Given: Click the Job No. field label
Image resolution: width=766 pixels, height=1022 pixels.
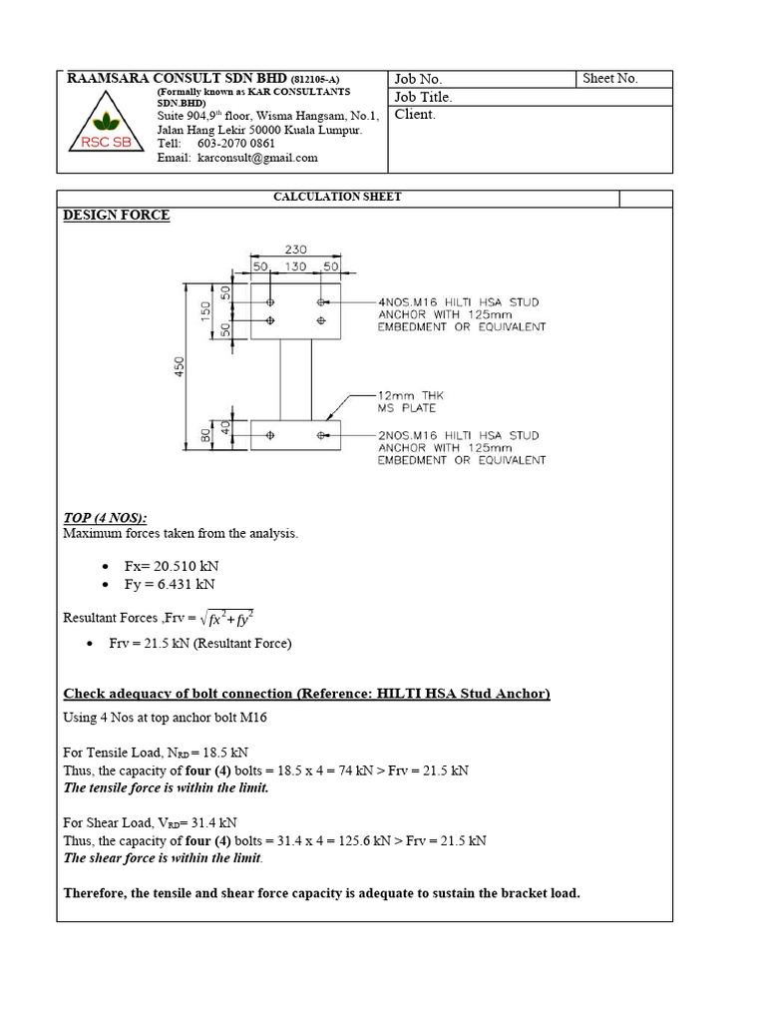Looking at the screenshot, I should tap(418, 80).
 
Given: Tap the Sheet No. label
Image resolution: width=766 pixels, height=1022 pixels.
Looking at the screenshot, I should tap(610, 79).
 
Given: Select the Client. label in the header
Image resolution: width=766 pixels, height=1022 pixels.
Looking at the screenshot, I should tap(415, 115).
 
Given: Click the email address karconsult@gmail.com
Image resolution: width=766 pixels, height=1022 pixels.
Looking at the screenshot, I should tap(257, 158).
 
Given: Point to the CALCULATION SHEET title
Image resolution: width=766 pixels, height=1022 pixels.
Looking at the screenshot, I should tap(337, 197).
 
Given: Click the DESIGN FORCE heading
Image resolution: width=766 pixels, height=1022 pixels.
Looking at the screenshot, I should tap(117, 215).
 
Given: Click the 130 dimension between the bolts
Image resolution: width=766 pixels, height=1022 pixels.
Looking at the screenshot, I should tap(295, 268).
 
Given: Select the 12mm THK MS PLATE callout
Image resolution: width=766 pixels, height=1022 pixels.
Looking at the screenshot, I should tap(407, 402).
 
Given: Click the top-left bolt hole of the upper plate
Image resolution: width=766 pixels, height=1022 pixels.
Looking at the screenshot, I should tap(270, 301).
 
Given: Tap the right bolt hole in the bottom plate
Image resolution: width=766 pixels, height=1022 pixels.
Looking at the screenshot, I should tap(321, 435).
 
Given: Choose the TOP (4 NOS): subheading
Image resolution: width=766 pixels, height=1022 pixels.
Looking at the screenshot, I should tap(105, 517).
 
